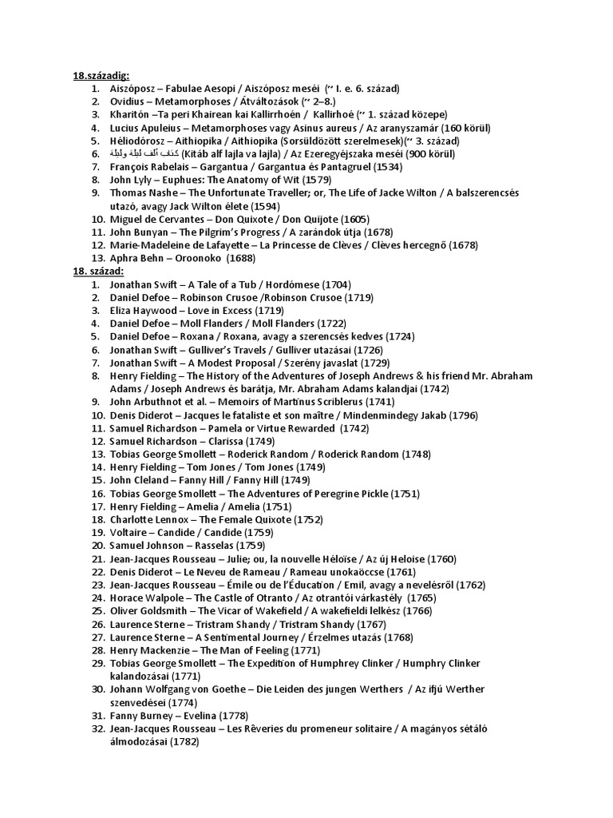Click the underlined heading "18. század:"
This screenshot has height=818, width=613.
(101, 272)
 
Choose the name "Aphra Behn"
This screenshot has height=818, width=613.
(139, 258)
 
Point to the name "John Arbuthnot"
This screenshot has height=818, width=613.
(148, 402)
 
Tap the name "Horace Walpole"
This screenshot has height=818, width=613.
(147, 598)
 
